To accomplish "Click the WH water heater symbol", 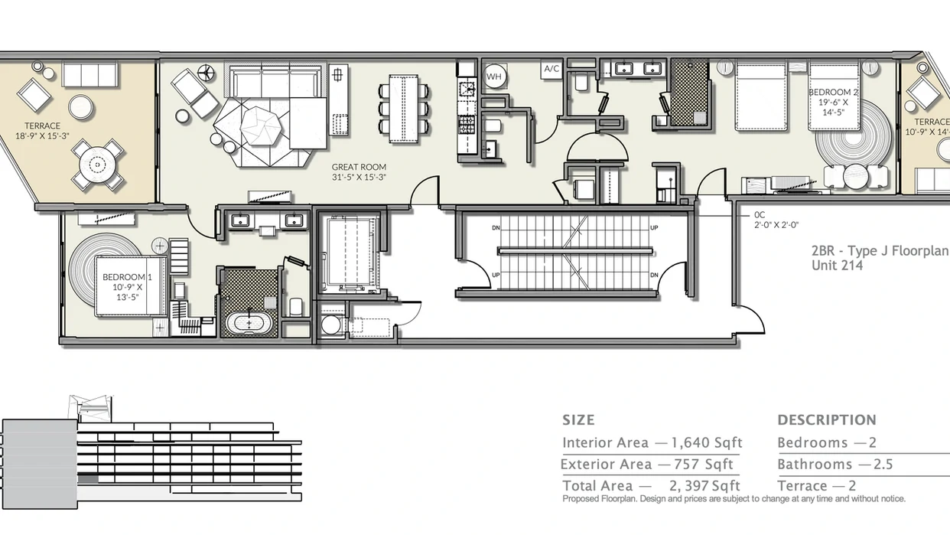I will (493, 76).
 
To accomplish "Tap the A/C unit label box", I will (551, 70).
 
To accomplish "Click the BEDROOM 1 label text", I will (124, 276).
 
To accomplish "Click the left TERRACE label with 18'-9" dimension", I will (42, 131).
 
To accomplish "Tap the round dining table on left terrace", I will (97, 164).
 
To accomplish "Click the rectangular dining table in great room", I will (403, 108).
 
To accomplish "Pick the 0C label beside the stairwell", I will (760, 215).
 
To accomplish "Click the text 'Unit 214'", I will (837, 266).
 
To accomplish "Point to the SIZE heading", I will (578, 420).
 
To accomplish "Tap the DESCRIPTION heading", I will (827, 420).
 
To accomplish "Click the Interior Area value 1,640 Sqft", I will (707, 443).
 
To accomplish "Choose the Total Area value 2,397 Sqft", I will (704, 486).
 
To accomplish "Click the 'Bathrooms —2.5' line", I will (835, 465).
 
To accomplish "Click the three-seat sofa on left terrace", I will (90, 75).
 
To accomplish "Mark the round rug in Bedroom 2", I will (849, 142).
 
